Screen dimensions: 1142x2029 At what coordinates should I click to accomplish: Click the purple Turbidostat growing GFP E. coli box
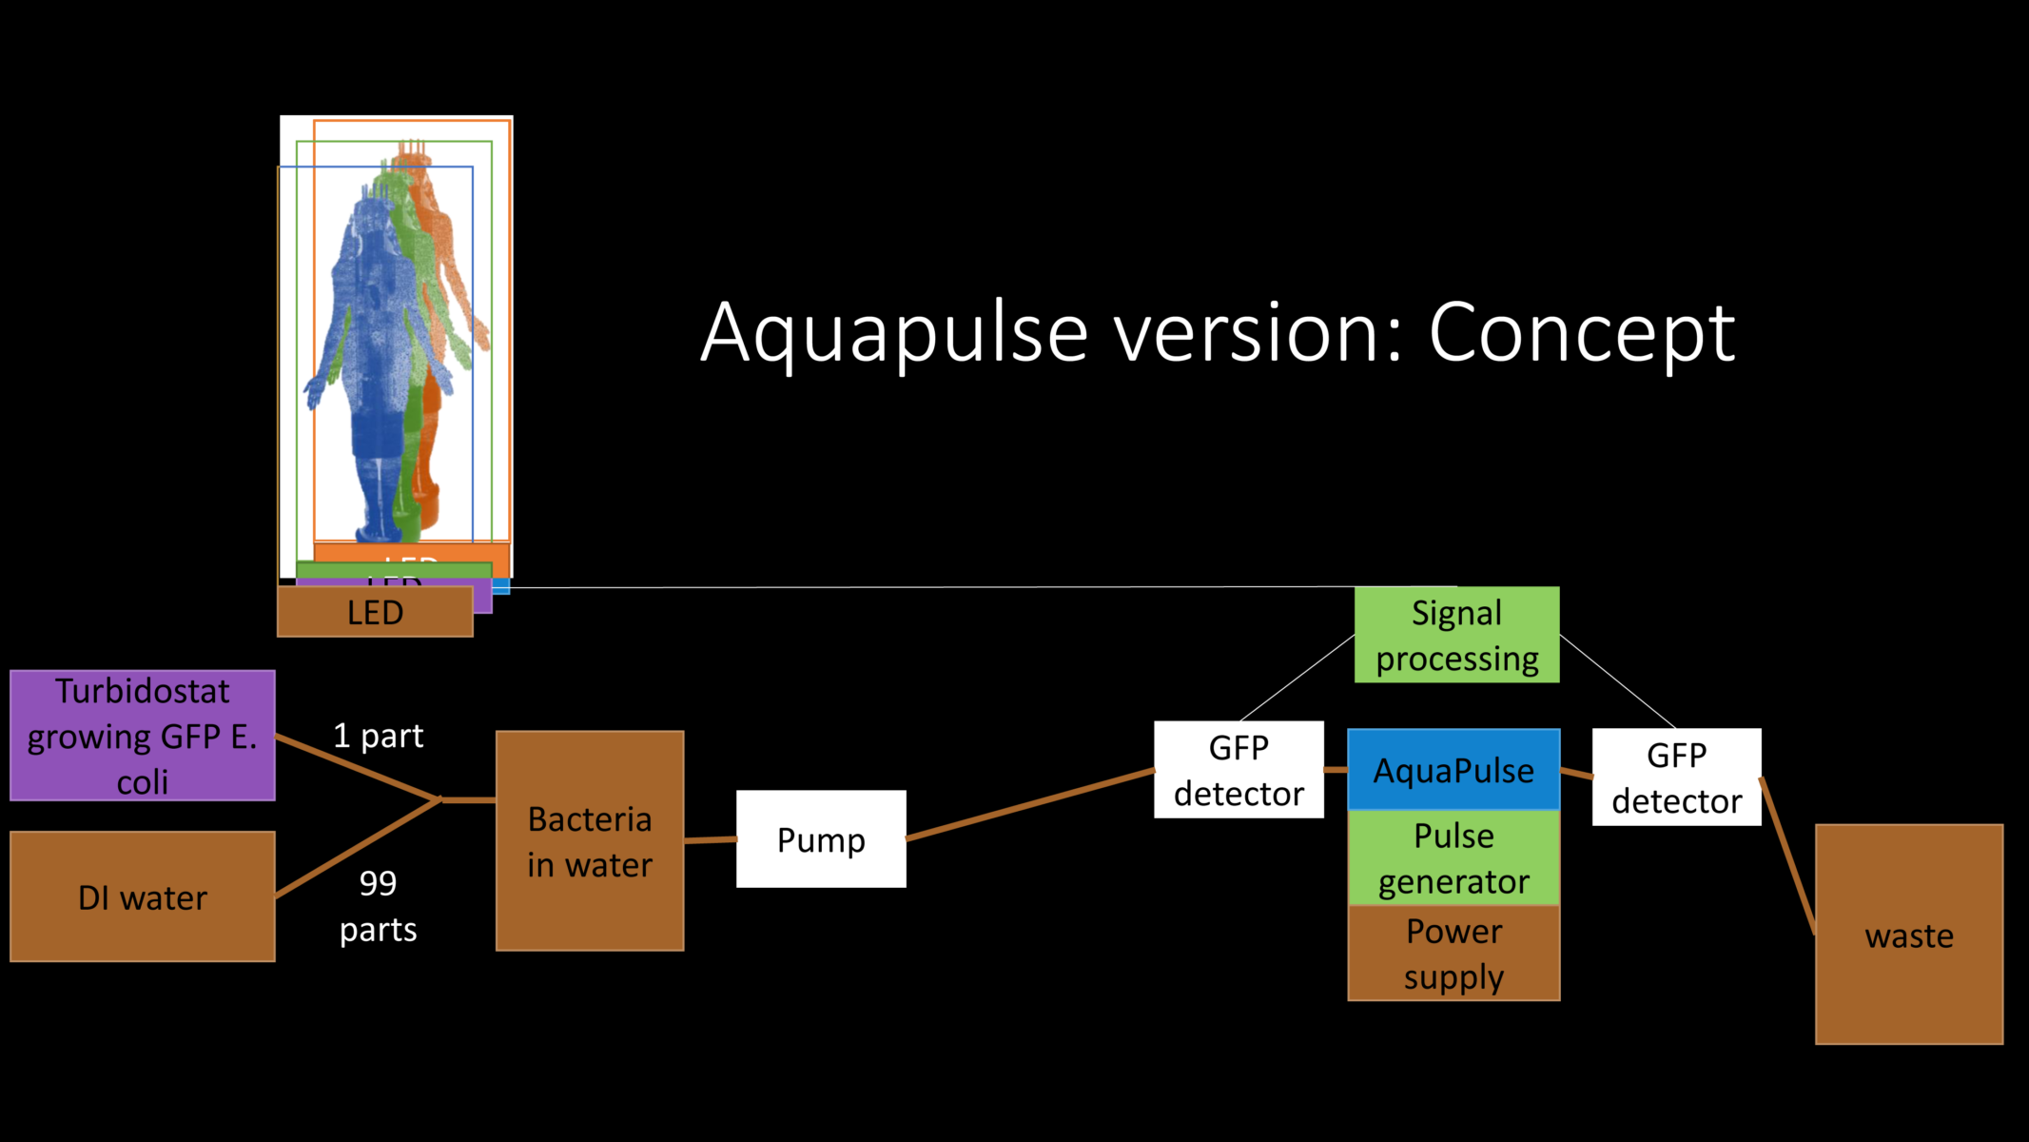point(143,736)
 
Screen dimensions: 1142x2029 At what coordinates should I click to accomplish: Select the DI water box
point(143,896)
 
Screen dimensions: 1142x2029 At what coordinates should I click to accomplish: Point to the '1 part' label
point(378,736)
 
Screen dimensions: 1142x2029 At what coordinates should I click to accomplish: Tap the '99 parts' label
point(378,905)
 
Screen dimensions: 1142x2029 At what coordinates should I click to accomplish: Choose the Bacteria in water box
point(590,841)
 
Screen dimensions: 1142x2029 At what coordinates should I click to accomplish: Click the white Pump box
point(821,839)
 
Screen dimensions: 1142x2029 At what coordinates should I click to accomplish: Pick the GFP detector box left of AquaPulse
point(1239,770)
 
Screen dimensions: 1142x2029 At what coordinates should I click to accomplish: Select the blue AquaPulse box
point(1453,770)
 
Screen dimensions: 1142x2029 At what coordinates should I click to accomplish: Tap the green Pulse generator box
point(1453,857)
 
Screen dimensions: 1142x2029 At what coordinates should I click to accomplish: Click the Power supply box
point(1453,953)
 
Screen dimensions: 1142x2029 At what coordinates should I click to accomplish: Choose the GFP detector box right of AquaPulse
point(1676,778)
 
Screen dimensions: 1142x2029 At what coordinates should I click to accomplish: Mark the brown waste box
point(1908,935)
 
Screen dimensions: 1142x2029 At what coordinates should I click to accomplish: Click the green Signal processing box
point(1456,635)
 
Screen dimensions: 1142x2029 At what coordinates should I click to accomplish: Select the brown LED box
point(375,613)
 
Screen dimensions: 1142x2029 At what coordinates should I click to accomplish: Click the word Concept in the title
point(1581,333)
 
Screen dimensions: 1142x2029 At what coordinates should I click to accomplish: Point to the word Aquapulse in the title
point(894,333)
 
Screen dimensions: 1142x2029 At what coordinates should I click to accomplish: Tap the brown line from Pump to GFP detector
point(1030,805)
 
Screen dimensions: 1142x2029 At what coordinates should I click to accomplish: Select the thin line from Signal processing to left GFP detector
point(1297,678)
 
